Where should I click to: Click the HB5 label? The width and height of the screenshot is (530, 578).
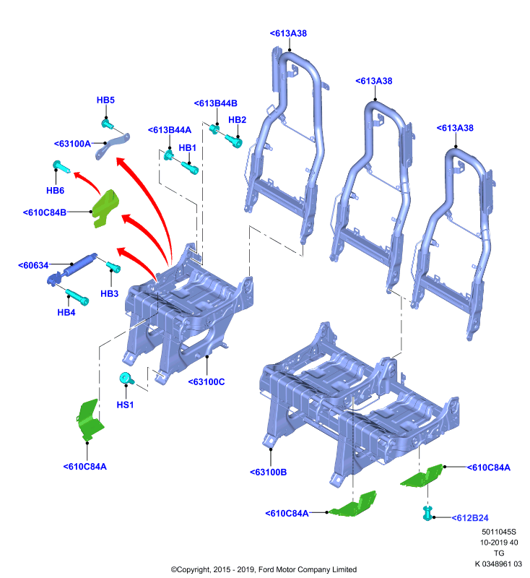pyautogui.click(x=105, y=100)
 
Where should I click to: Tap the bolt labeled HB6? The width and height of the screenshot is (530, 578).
pyautogui.click(x=61, y=167)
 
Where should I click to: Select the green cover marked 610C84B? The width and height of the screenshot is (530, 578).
pyautogui.click(x=105, y=209)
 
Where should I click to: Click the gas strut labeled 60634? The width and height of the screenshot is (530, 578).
pyautogui.click(x=71, y=269)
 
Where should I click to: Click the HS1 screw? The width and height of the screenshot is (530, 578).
pyautogui.click(x=126, y=379)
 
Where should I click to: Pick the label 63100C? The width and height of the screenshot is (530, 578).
pyautogui.click(x=207, y=382)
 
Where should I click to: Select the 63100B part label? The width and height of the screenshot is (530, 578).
pyautogui.click(x=268, y=473)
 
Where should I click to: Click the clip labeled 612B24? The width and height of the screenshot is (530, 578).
pyautogui.click(x=427, y=514)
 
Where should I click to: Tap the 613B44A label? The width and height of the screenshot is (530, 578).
pyautogui.click(x=170, y=130)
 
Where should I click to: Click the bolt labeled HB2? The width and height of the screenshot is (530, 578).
pyautogui.click(x=233, y=141)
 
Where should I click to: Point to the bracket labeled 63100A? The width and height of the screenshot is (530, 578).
pyautogui.click(x=113, y=146)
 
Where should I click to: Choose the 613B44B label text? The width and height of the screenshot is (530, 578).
pyautogui.click(x=215, y=103)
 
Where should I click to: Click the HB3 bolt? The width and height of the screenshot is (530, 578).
pyautogui.click(x=113, y=267)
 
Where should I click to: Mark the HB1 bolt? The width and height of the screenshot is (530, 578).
pyautogui.click(x=190, y=168)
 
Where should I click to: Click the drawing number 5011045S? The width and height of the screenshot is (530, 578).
pyautogui.click(x=499, y=532)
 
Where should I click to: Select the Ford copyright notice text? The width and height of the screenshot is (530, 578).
pyautogui.click(x=264, y=569)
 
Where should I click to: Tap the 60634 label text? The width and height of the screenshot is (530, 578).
pyautogui.click(x=33, y=265)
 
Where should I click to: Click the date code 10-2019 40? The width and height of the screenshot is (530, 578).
pyautogui.click(x=499, y=543)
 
